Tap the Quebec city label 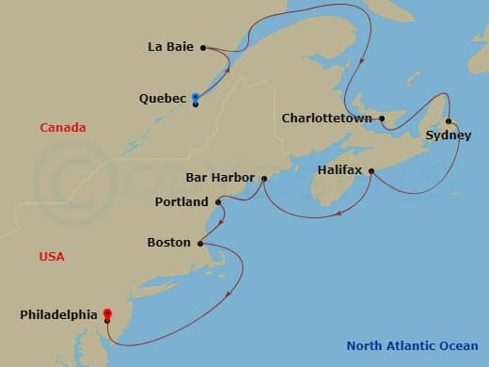click(x=162, y=98)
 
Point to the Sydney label click(x=444, y=136)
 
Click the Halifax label click(x=340, y=170)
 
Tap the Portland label click(x=182, y=201)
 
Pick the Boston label click(x=169, y=243)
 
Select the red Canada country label click(x=63, y=127)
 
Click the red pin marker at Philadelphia click(x=108, y=314)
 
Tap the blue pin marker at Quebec click(x=195, y=97)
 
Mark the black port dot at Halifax click(x=372, y=171)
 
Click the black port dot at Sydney click(x=450, y=121)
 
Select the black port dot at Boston click(x=200, y=243)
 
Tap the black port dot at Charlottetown click(x=382, y=119)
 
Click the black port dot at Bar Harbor click(x=264, y=177)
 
